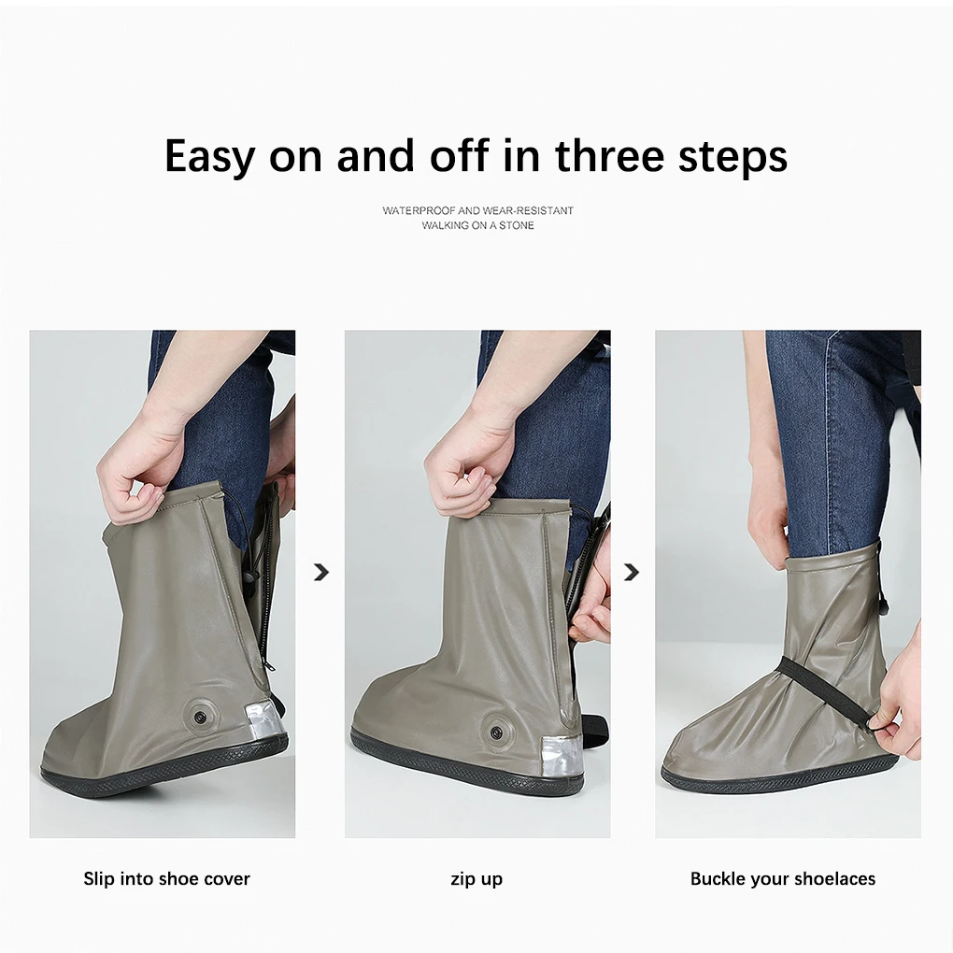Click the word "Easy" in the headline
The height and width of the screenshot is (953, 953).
tap(208, 157)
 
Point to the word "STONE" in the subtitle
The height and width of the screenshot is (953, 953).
tap(516, 225)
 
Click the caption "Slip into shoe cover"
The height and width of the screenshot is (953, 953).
tap(166, 878)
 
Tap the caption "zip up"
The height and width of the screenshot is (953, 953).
tap(476, 878)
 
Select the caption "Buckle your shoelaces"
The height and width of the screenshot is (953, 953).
tap(782, 878)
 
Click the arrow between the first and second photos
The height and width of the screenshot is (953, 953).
tap(321, 572)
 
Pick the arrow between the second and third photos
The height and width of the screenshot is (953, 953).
tap(632, 572)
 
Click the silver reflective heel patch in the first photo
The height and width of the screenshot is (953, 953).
tap(263, 720)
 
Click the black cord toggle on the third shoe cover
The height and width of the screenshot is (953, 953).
tap(881, 607)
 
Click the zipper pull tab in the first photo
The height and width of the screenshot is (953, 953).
tap(269, 666)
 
